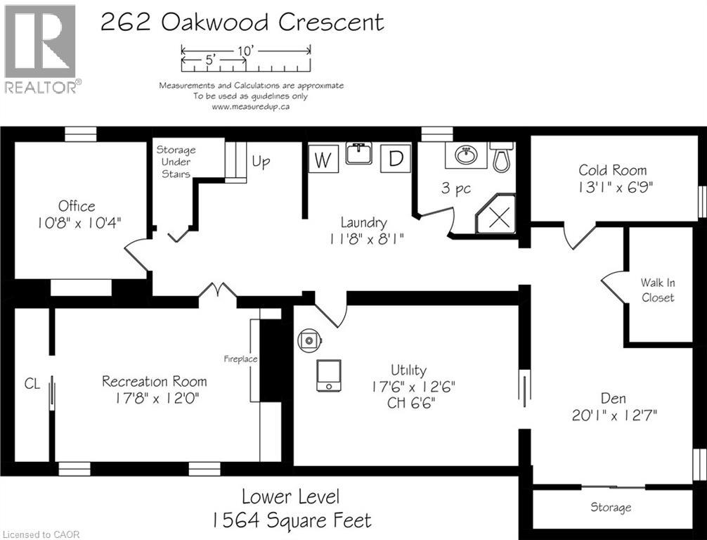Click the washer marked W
[x=323, y=160]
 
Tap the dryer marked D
[x=396, y=159]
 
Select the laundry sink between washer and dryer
[x=358, y=153]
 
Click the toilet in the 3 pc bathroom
[x=501, y=158]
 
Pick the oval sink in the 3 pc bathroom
[x=465, y=155]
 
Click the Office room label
[x=77, y=206]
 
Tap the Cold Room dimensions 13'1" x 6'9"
[x=613, y=188]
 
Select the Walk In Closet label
[x=657, y=290]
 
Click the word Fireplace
[x=240, y=359]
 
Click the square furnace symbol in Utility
[x=329, y=376]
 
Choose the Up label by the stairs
[x=261, y=162]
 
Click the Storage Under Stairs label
[x=176, y=162]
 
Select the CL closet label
[x=32, y=383]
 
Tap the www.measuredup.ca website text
[x=251, y=107]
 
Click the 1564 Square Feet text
[x=291, y=520]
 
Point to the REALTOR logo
[x=41, y=49]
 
